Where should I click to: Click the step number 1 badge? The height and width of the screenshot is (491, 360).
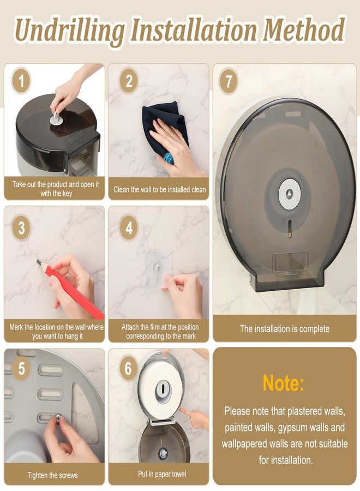21,81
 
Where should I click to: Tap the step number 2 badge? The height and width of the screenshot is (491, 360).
129,81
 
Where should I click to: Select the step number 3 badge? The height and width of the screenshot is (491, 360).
21,227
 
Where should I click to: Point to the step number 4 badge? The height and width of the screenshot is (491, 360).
129,227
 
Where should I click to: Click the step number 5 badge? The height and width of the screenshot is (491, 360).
21,368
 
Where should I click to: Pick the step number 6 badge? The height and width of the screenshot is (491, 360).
128,368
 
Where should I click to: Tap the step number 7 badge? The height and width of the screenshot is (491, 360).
228,81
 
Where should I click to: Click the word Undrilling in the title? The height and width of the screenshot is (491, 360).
69,31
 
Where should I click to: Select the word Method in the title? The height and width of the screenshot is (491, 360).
304,30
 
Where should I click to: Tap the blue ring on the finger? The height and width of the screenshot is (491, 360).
169,155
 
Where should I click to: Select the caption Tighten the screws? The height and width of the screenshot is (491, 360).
52,475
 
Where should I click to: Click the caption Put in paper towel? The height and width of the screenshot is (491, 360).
162,474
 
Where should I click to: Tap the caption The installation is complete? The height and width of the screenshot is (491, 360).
285,329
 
